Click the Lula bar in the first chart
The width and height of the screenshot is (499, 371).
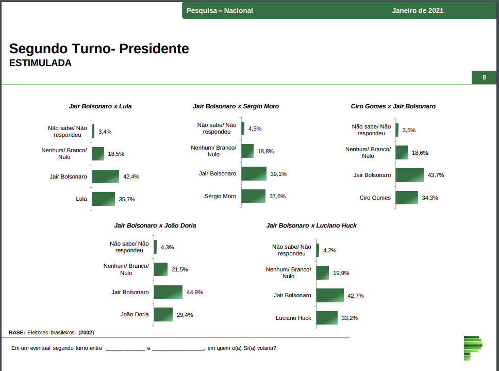point(104,199)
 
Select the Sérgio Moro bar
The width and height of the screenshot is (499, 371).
point(253,196)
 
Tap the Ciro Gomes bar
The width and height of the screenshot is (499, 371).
point(407,198)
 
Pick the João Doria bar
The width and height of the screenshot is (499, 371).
point(163,314)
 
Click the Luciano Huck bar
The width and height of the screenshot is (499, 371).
point(327,318)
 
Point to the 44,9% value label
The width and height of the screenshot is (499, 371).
point(195,292)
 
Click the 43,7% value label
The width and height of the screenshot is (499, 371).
point(436,175)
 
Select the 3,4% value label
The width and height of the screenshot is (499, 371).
point(105,132)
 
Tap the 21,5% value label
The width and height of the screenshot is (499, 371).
point(180,269)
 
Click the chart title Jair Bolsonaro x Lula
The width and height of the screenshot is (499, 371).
point(100,106)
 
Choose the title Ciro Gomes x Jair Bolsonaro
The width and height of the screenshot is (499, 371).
point(393,106)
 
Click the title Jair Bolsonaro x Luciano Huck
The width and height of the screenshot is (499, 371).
point(311,225)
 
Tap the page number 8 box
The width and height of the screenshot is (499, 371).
point(484,78)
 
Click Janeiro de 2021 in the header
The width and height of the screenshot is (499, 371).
point(418,10)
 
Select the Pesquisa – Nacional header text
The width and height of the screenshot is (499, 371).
point(220,10)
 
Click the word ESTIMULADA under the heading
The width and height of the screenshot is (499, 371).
point(40,63)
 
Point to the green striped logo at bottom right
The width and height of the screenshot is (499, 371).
point(473,348)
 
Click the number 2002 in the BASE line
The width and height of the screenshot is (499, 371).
point(87,332)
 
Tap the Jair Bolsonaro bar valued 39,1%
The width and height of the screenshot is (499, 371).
point(254,174)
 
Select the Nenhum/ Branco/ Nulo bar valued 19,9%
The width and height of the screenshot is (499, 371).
point(323,273)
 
